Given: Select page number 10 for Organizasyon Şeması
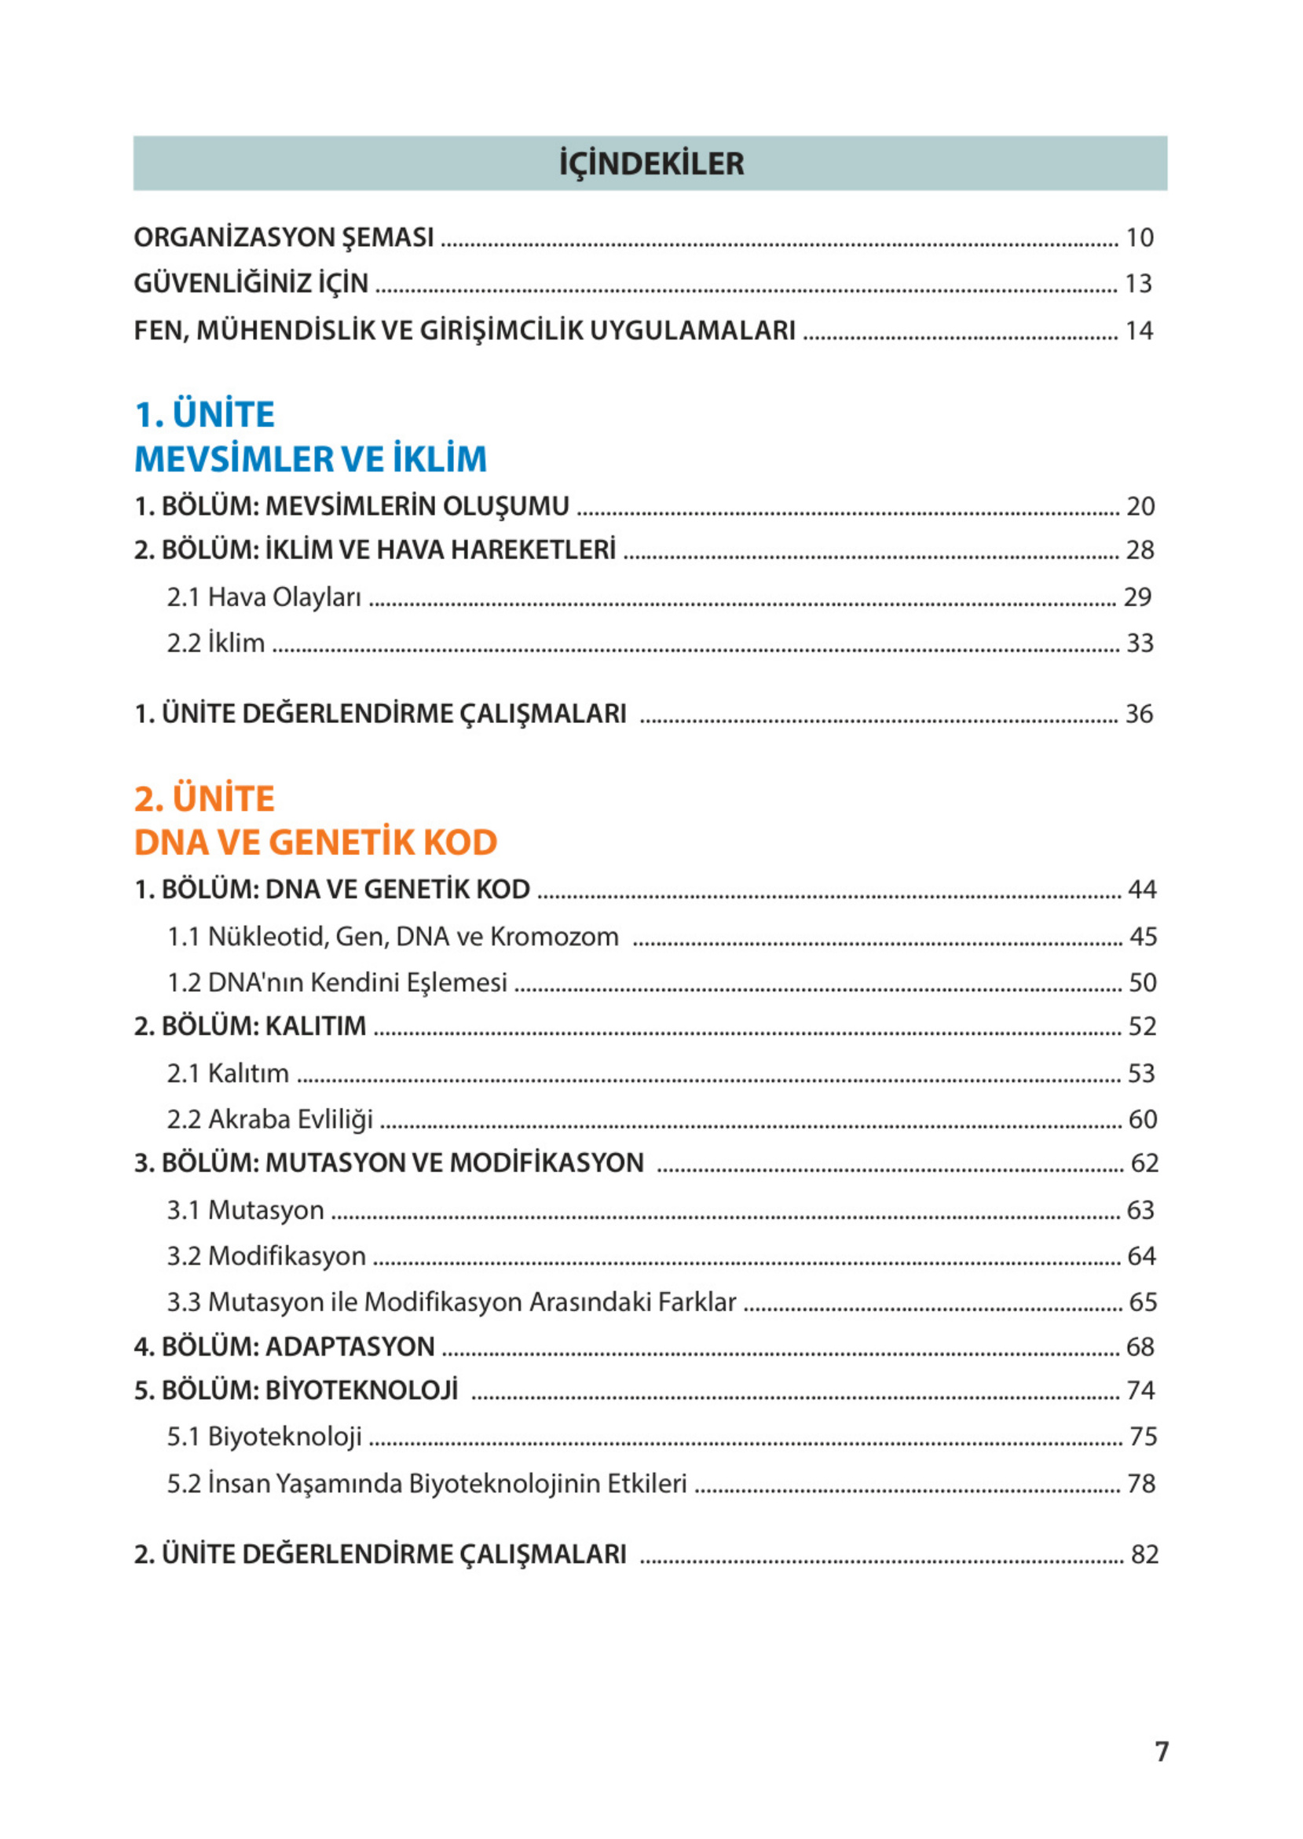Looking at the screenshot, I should pyautogui.click(x=1140, y=237).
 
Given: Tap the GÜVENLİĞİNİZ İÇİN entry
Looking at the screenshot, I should pyautogui.click(x=251, y=284).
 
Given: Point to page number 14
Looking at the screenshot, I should pyautogui.click(x=1140, y=331).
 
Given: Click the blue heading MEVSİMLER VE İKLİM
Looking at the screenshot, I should pyautogui.click(x=310, y=459).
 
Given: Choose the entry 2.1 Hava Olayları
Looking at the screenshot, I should pyautogui.click(x=264, y=597).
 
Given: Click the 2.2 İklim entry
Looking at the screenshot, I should pyautogui.click(x=216, y=643).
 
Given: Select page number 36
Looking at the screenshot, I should pyautogui.click(x=1140, y=714).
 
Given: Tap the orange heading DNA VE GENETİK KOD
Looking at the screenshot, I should pyautogui.click(x=315, y=842).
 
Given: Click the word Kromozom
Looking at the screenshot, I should pyautogui.click(x=555, y=937).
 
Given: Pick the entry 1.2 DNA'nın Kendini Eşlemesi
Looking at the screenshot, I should pyautogui.click(x=337, y=982).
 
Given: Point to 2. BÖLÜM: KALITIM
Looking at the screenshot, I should pyautogui.click(x=250, y=1026).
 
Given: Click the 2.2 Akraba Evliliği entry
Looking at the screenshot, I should pyautogui.click(x=269, y=1119).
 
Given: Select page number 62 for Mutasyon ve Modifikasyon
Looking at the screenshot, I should pyautogui.click(x=1144, y=1163).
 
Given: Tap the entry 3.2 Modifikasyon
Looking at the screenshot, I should pyautogui.click(x=266, y=1255).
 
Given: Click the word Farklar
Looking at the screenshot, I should pyautogui.click(x=697, y=1301).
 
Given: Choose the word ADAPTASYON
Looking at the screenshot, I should pyautogui.click(x=350, y=1346).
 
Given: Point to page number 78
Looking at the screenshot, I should pyautogui.click(x=1141, y=1484).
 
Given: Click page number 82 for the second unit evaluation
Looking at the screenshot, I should pyautogui.click(x=1144, y=1555).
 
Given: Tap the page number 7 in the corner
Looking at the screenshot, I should pyautogui.click(x=1161, y=1751).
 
